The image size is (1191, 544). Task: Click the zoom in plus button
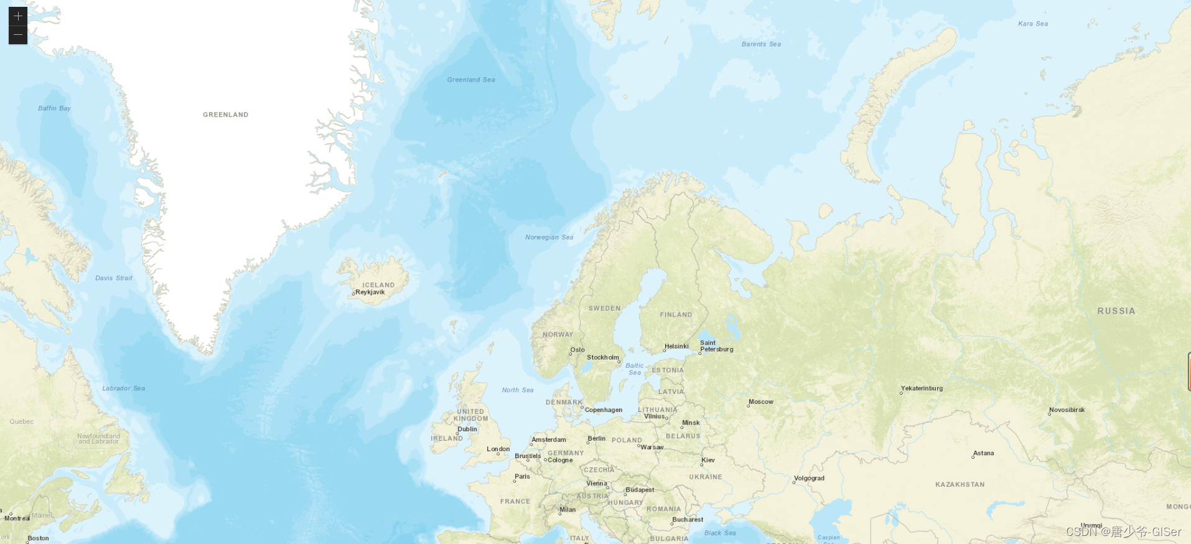click(x=18, y=16)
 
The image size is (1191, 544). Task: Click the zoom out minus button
click(x=18, y=35)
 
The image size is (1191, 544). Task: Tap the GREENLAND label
click(x=225, y=115)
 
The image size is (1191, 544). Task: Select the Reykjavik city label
click(x=370, y=292)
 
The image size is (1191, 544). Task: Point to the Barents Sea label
click(x=761, y=44)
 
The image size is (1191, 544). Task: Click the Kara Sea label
click(x=1033, y=24)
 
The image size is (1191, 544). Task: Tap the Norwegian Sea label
click(x=549, y=237)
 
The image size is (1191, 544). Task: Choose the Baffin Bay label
click(x=54, y=108)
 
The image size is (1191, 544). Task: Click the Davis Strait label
click(x=113, y=278)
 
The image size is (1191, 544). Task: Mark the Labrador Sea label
click(x=123, y=388)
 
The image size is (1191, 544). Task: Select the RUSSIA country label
click(x=1116, y=311)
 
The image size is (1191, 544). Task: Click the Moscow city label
click(x=761, y=402)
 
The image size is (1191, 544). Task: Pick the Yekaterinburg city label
click(x=922, y=388)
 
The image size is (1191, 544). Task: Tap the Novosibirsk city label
click(x=1067, y=410)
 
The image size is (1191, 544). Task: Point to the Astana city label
click(x=983, y=453)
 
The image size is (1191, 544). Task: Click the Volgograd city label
click(x=809, y=479)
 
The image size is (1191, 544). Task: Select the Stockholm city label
click(x=602, y=357)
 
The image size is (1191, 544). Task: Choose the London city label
click(x=498, y=449)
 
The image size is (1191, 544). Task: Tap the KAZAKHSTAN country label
click(x=960, y=484)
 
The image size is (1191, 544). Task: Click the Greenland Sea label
click(x=470, y=80)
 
